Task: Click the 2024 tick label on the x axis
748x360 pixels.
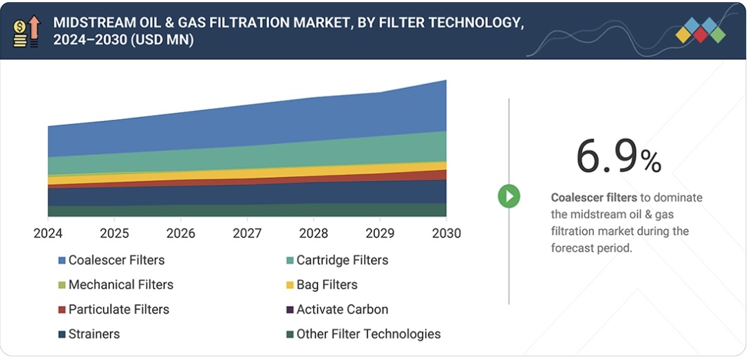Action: click(x=48, y=233)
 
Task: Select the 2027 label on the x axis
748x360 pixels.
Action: click(x=247, y=233)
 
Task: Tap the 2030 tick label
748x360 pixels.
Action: click(x=446, y=233)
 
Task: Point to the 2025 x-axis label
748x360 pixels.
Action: click(x=114, y=233)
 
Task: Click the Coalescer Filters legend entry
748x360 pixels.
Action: click(x=116, y=260)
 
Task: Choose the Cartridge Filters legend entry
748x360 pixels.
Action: click(x=342, y=260)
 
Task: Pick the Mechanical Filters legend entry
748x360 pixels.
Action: click(x=120, y=284)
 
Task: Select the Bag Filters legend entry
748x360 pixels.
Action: click(x=327, y=284)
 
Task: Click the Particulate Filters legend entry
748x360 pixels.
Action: click(x=118, y=309)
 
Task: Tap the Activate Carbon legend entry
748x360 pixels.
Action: click(x=342, y=309)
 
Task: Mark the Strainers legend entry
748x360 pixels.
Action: click(x=94, y=334)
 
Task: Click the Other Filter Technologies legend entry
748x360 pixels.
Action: click(x=368, y=334)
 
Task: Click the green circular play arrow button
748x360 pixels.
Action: click(x=509, y=197)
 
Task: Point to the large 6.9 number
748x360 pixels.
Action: click(x=606, y=156)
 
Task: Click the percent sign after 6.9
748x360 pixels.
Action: click(x=651, y=162)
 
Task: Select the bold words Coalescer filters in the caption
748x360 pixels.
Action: click(x=594, y=198)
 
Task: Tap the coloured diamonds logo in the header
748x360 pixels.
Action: click(x=701, y=31)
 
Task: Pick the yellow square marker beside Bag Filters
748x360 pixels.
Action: click(x=290, y=285)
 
